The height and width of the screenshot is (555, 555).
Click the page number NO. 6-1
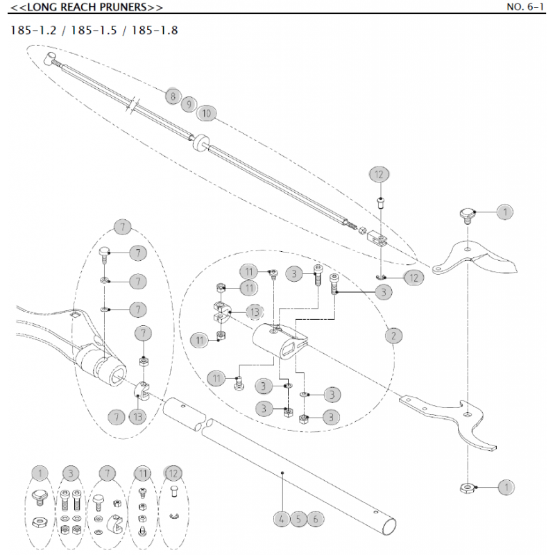[x=527, y=8]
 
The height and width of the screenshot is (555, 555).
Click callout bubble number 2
[x=393, y=336]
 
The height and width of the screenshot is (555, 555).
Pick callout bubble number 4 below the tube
[x=281, y=518]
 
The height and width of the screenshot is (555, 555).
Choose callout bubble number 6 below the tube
[x=316, y=518]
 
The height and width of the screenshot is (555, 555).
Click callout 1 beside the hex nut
[x=506, y=488]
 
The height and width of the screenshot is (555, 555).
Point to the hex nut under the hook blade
[x=467, y=487]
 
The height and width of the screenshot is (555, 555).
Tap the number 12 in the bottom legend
[x=173, y=474]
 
